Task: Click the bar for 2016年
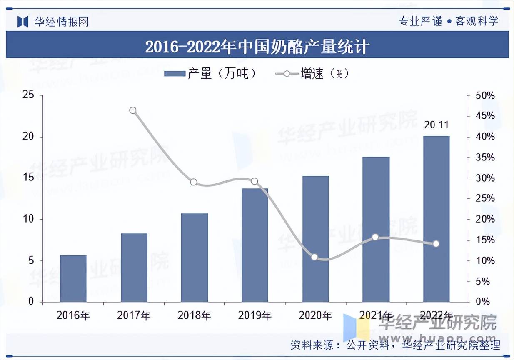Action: (73, 278)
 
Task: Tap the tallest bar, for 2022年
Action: (436, 219)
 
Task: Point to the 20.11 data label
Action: (436, 125)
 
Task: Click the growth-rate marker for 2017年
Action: (133, 110)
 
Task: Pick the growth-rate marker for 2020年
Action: (314, 257)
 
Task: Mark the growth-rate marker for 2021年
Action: (375, 237)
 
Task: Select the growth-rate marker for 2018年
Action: (193, 182)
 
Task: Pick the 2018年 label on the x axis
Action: (194, 315)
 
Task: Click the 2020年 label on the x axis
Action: (315, 315)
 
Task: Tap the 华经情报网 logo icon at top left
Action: (22, 21)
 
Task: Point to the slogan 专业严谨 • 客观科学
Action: (449, 21)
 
